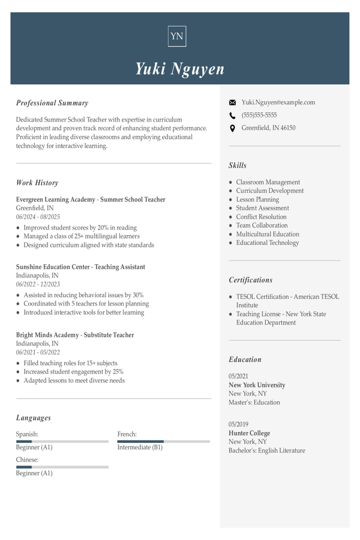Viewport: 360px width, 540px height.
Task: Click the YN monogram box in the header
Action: pos(177,36)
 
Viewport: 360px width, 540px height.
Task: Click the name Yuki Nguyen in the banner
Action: pos(180,69)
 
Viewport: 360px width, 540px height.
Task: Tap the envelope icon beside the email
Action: pos(232,103)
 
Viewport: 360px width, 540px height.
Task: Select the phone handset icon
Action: pos(232,115)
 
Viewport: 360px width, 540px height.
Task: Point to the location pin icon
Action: pos(232,128)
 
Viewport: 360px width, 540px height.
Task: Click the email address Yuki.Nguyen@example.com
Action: pos(278,102)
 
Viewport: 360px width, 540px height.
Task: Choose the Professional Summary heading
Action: pos(52,103)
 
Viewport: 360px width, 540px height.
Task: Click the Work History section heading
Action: pos(37,183)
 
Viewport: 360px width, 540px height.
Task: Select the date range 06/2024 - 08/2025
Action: pos(38,217)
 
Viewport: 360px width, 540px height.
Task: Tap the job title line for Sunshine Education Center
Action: pos(81,267)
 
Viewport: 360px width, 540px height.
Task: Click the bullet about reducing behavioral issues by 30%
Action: pos(83,295)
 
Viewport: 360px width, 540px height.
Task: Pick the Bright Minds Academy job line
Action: pos(75,335)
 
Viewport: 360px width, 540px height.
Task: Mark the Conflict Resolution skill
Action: pos(261,217)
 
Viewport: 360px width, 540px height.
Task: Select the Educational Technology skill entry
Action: pos(267,243)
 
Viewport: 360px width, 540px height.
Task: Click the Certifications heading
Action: pos(250,280)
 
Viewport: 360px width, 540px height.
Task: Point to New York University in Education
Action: pos(257,385)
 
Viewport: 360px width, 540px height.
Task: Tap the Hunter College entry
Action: pos(249,433)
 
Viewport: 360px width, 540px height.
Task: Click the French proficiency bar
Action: pos(164,441)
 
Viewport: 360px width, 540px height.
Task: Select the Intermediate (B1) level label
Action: pos(140,447)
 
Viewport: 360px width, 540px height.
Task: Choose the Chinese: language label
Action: pos(27,460)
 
